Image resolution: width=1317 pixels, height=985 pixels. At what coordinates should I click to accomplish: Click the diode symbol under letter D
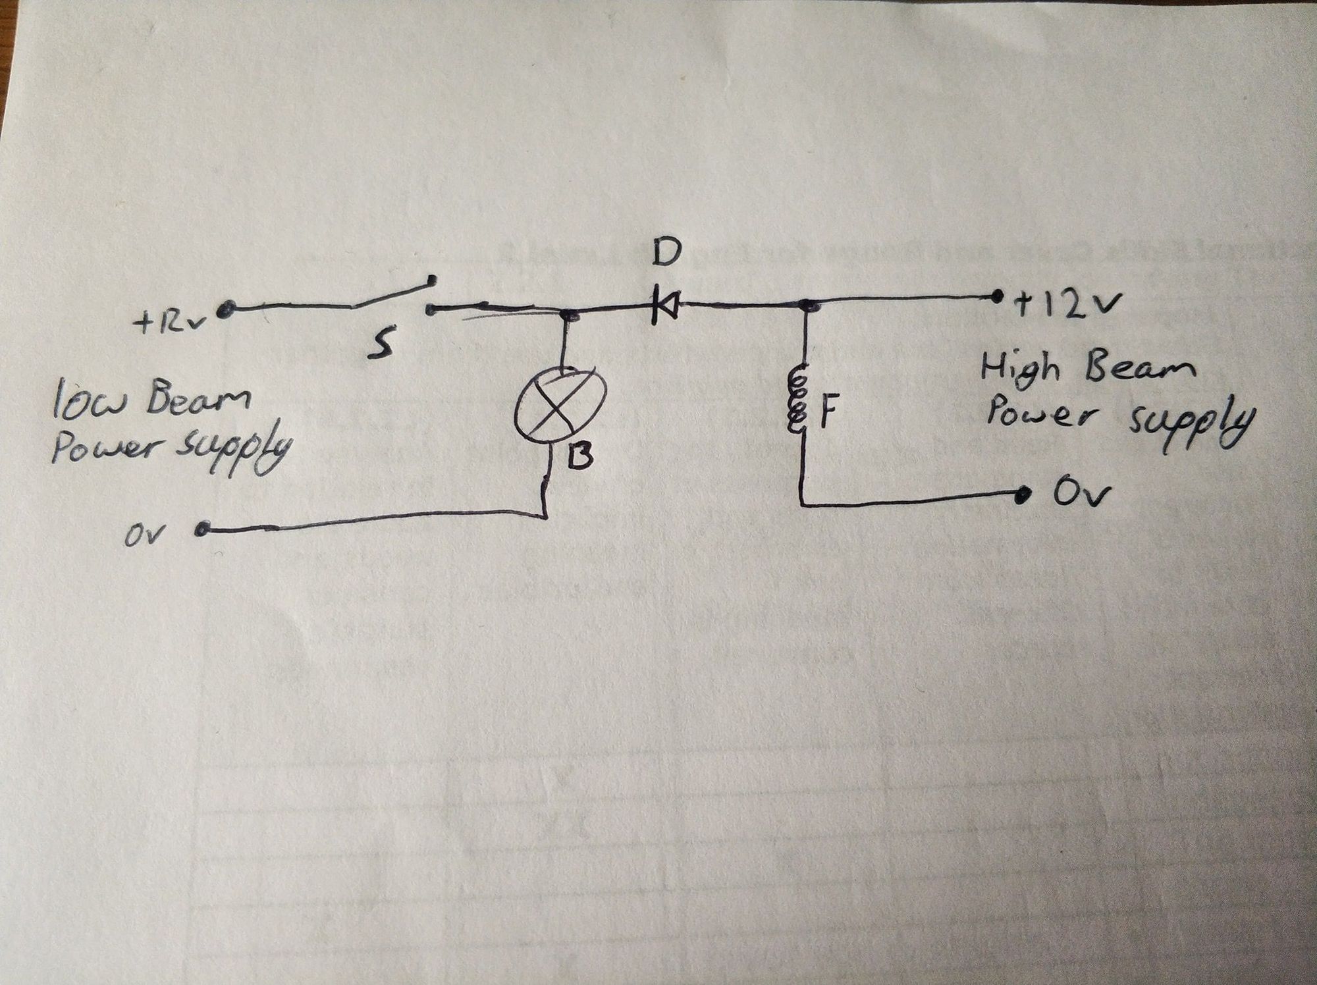coord(665,306)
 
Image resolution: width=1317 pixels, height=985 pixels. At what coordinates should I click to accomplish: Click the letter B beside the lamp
coord(579,455)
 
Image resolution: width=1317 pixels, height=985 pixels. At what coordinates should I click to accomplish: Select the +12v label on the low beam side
coord(171,323)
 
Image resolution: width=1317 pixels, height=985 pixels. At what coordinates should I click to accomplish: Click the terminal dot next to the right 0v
coord(1022,494)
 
